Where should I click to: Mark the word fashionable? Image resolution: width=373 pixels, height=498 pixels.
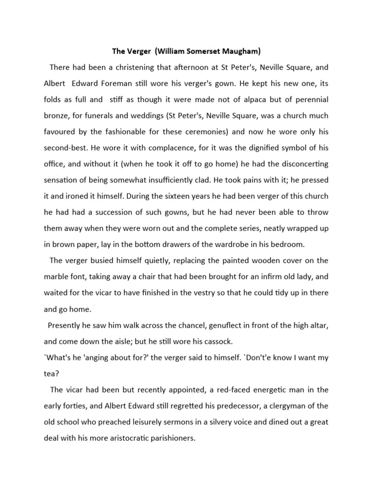click(x=132, y=132)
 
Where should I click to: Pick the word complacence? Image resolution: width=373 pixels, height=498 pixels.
click(x=151, y=148)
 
